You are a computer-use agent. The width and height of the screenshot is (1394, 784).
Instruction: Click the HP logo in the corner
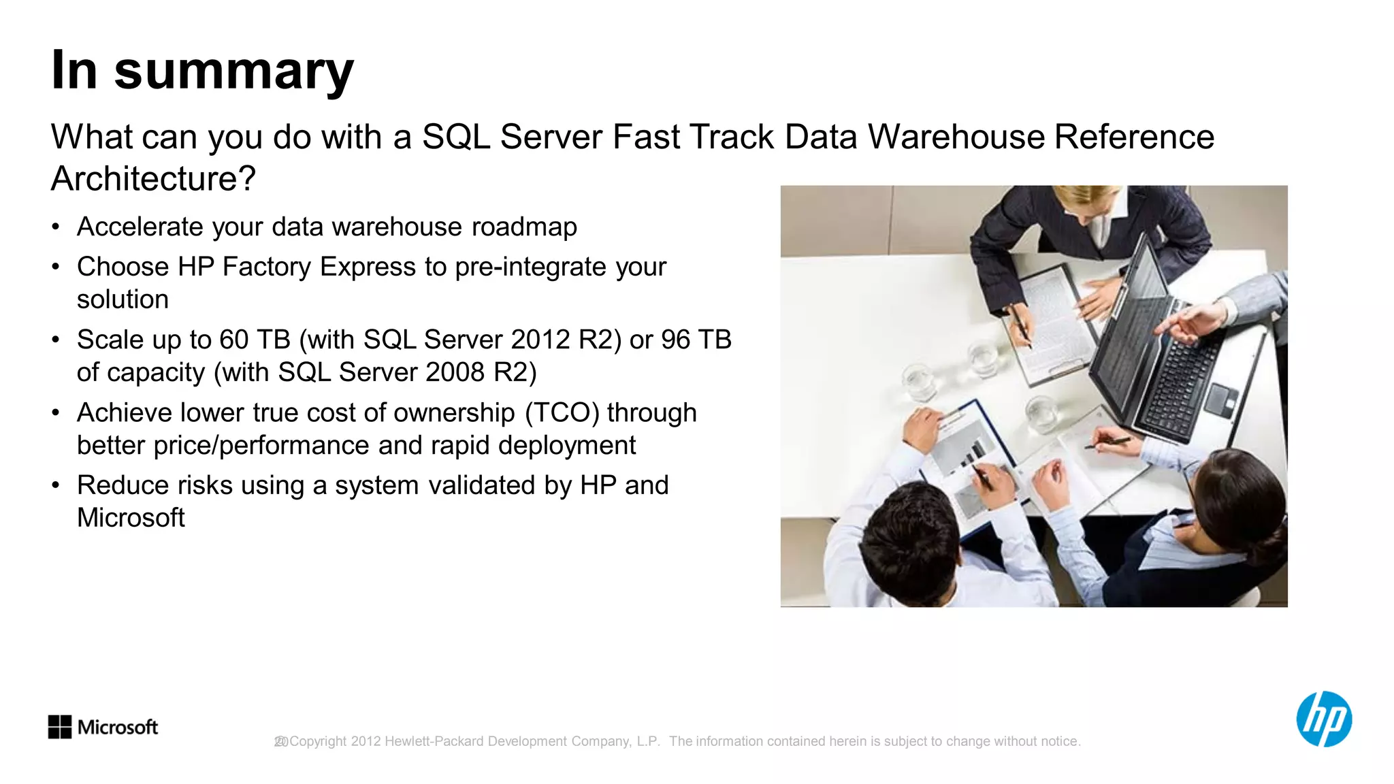tap(1323, 719)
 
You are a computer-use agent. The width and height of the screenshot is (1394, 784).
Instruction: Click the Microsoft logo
tap(103, 727)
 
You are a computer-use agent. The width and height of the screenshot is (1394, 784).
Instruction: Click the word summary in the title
tap(234, 71)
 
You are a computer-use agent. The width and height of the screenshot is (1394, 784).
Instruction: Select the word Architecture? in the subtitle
tap(153, 178)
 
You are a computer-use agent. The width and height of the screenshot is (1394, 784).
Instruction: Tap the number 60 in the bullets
tap(233, 340)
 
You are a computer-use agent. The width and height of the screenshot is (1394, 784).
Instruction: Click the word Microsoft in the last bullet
tap(131, 518)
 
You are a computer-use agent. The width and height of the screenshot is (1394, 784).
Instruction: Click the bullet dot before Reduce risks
tap(56, 485)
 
